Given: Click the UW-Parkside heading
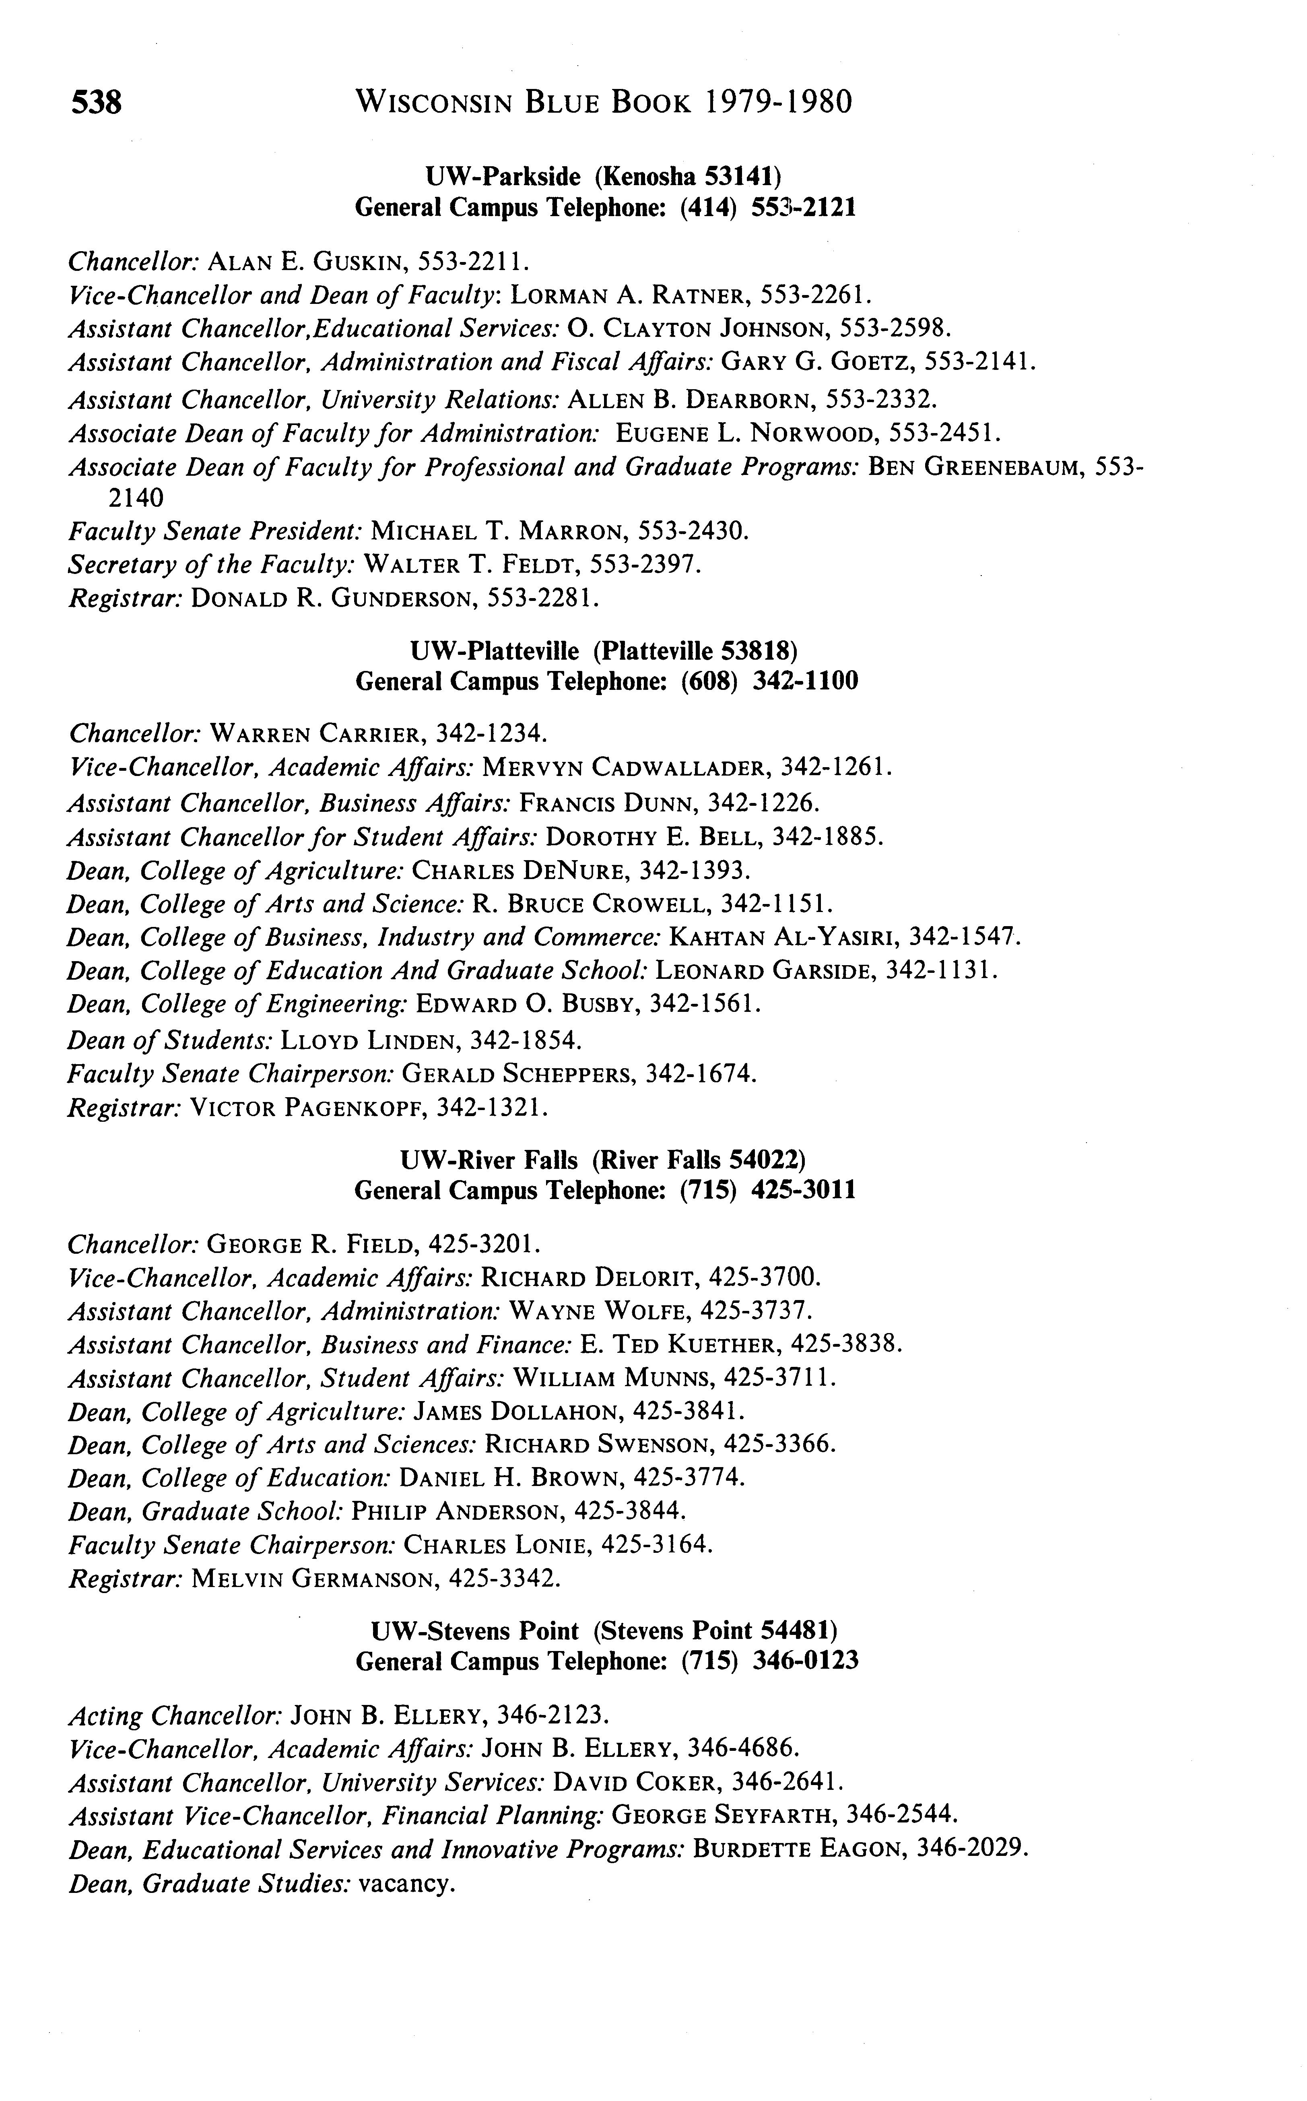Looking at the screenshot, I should click(603, 177).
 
